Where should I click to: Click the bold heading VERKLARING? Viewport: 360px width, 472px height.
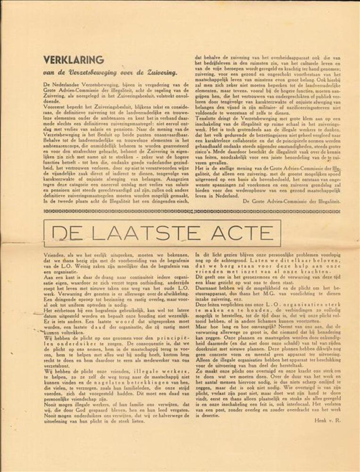[73, 60]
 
